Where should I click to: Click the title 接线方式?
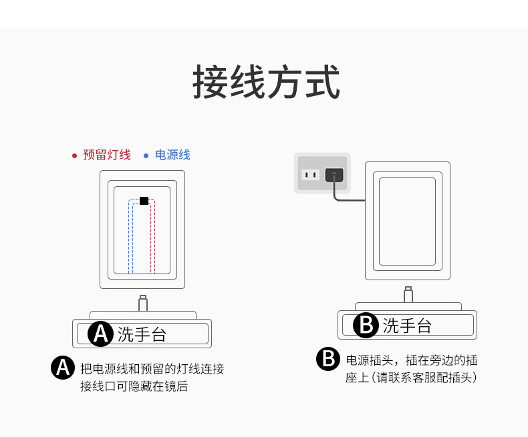(266, 82)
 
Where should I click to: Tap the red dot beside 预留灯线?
(74, 155)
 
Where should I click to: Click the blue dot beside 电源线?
(146, 155)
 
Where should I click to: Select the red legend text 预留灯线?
(106, 155)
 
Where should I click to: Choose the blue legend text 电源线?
(172, 155)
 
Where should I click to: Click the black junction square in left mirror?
(144, 200)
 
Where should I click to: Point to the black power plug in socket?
(334, 175)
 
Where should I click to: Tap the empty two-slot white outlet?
(310, 175)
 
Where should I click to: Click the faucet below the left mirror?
(142, 304)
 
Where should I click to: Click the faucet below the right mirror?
(408, 295)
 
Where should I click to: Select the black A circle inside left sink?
(101, 333)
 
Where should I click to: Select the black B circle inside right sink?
(366, 325)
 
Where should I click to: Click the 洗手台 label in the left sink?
(142, 334)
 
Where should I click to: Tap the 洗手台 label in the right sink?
(407, 326)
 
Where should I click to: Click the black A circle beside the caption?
(63, 368)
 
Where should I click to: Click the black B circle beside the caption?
(327, 359)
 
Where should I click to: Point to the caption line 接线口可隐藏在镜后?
(134, 386)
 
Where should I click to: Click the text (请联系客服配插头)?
(424, 378)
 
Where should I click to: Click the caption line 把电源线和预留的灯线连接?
(152, 369)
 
